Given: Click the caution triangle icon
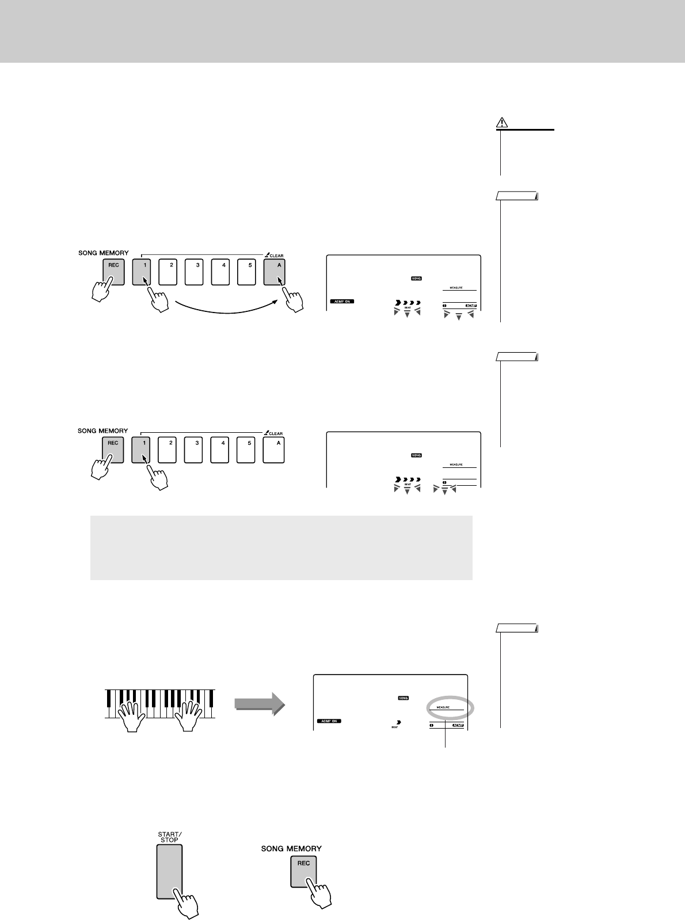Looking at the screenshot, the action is coord(502,123).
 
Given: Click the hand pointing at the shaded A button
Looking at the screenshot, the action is coord(291,300).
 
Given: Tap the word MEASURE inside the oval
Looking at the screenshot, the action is coord(443,707).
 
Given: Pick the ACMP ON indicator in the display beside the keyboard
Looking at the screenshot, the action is coord(329,721).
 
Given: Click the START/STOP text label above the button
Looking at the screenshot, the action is coord(169,837).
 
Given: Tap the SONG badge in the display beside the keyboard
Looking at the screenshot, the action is coord(403,698).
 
